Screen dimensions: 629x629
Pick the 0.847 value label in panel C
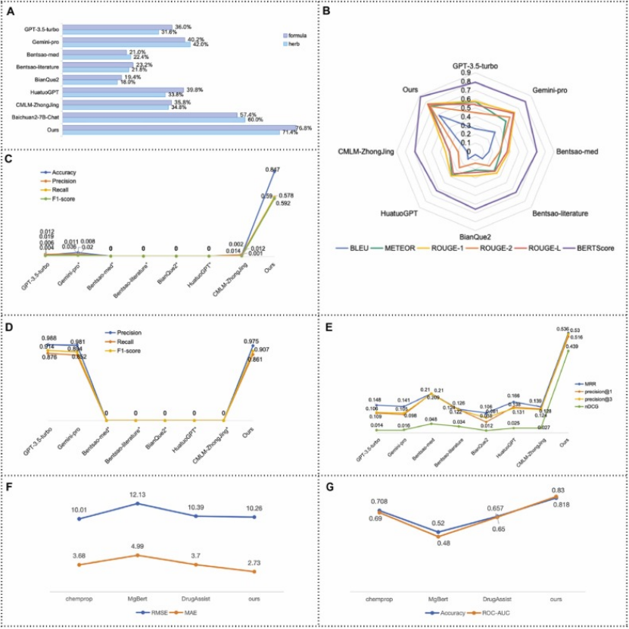tap(276, 170)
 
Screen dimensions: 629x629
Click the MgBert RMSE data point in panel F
tap(137, 503)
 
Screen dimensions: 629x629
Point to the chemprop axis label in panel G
tap(378, 599)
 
